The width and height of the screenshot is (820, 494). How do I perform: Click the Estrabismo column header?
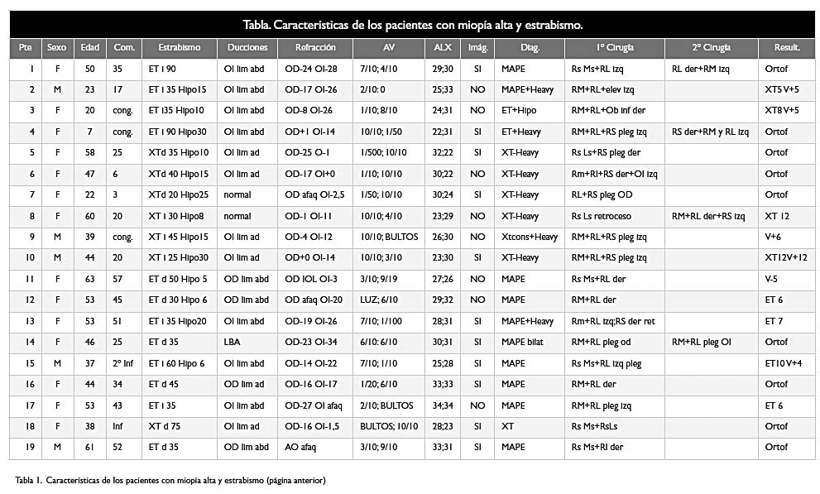pos(180,47)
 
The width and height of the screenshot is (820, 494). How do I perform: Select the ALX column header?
pos(443,47)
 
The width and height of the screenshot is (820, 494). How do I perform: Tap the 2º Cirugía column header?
pos(712,47)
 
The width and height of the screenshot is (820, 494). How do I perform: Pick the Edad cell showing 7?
pos(90,132)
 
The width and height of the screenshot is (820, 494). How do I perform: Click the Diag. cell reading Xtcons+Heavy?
pos(530,237)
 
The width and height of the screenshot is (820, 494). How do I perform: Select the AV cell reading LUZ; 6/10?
pos(379,300)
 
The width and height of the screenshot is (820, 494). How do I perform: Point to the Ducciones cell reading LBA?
pos(232,342)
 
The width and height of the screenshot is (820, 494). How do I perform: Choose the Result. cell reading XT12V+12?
pos(786,257)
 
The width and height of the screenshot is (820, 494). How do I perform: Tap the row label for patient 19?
pos(31,447)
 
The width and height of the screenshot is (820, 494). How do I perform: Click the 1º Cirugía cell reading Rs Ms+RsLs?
pos(594,426)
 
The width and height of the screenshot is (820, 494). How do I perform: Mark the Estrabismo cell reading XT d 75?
pos(164,426)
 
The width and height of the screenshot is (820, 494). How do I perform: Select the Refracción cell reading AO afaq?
pos(300,448)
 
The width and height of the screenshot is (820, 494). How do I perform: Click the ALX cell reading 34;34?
pos(443,405)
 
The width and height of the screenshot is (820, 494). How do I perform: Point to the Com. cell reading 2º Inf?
pos(123,363)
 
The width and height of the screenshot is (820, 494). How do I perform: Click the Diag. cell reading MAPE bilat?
pos(522,342)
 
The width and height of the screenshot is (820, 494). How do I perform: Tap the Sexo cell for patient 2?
pos(57,89)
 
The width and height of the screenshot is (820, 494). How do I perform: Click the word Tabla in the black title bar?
pos(257,25)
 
